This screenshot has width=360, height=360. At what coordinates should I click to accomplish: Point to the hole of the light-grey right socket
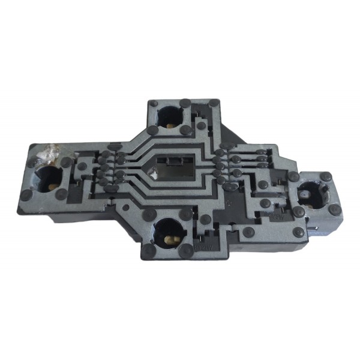[x=313, y=194]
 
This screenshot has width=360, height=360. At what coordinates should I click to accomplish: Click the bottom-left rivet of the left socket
[x=26, y=196]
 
